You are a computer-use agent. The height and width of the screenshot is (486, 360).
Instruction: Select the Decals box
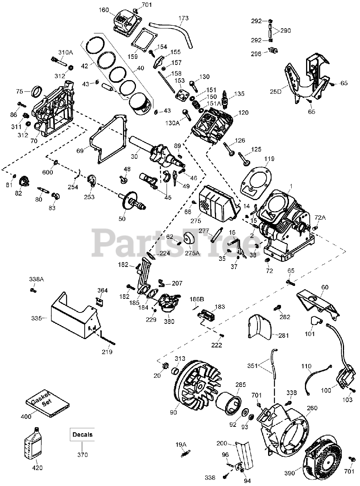[x=82, y=435]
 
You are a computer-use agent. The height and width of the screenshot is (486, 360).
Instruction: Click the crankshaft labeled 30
[x=156, y=152]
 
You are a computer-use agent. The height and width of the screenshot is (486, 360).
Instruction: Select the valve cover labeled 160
[x=127, y=20]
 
